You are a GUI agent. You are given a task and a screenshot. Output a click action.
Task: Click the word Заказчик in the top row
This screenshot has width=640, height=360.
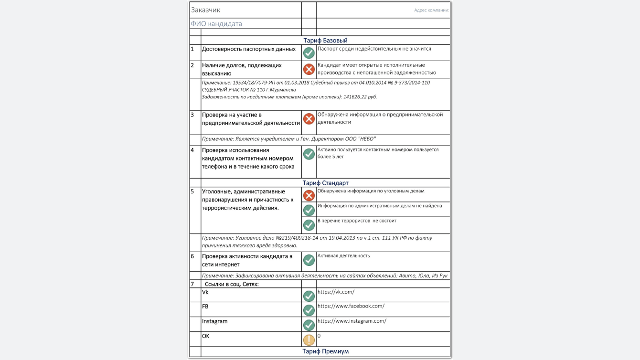point(206,10)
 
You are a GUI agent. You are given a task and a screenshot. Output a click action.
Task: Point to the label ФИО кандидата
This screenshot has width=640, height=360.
point(216,24)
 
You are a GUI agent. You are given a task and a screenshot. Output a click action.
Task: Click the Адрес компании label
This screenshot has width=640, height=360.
point(431,10)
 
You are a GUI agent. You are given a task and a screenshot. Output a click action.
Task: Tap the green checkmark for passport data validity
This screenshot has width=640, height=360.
point(309,53)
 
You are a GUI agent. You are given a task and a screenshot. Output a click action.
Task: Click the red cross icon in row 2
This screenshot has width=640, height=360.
point(309,70)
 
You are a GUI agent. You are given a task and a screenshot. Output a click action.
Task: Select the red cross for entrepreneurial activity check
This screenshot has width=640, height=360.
point(309,119)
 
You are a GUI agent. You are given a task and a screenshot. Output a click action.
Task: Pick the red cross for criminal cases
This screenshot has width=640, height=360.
point(309,195)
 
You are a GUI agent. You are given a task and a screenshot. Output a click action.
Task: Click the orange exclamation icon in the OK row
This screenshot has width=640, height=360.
point(309,340)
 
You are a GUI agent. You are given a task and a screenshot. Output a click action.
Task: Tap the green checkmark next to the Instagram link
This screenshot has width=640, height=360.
point(309,325)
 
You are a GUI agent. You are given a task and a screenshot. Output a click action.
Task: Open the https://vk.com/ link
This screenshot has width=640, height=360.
point(336,292)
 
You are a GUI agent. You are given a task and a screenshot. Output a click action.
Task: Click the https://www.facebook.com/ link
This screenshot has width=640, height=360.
point(351,306)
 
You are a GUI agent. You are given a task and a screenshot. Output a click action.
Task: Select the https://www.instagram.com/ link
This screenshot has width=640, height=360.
point(352,321)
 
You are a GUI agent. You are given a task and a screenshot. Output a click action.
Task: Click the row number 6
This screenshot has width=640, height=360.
point(192,256)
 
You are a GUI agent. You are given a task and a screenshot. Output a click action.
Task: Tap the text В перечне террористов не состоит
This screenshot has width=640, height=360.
point(357,221)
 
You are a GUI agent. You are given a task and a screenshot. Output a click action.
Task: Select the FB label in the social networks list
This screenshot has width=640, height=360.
point(205,307)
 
